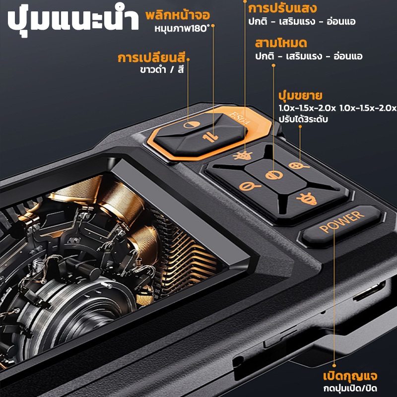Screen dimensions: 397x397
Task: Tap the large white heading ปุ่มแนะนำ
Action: pyautogui.click(x=73, y=21)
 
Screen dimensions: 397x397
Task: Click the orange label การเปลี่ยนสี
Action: pyautogui.click(x=151, y=58)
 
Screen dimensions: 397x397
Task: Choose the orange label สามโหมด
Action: pyautogui.click(x=281, y=43)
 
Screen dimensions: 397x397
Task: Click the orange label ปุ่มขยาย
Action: pyautogui.click(x=300, y=96)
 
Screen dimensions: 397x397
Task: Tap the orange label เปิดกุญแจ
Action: pyautogui.click(x=350, y=376)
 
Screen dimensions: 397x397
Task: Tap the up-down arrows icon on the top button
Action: pyautogui.click(x=210, y=137)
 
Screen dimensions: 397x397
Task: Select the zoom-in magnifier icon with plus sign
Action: pyautogui.click(x=299, y=166)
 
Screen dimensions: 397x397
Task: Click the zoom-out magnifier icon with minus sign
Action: pyautogui.click(x=250, y=187)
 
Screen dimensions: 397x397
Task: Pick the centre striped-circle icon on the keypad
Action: pyautogui.click(x=274, y=175)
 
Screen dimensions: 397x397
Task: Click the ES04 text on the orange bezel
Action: pyautogui.click(x=240, y=119)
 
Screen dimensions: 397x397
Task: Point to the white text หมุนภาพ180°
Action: pyautogui.click(x=182, y=29)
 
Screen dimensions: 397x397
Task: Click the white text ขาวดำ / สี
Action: pyautogui.click(x=162, y=69)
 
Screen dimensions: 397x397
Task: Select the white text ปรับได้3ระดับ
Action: pyautogui.click(x=303, y=119)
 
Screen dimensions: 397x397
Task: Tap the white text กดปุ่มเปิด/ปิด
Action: pyautogui.click(x=350, y=388)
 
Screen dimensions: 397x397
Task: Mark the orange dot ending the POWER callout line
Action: pyautogui.click(x=334, y=366)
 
